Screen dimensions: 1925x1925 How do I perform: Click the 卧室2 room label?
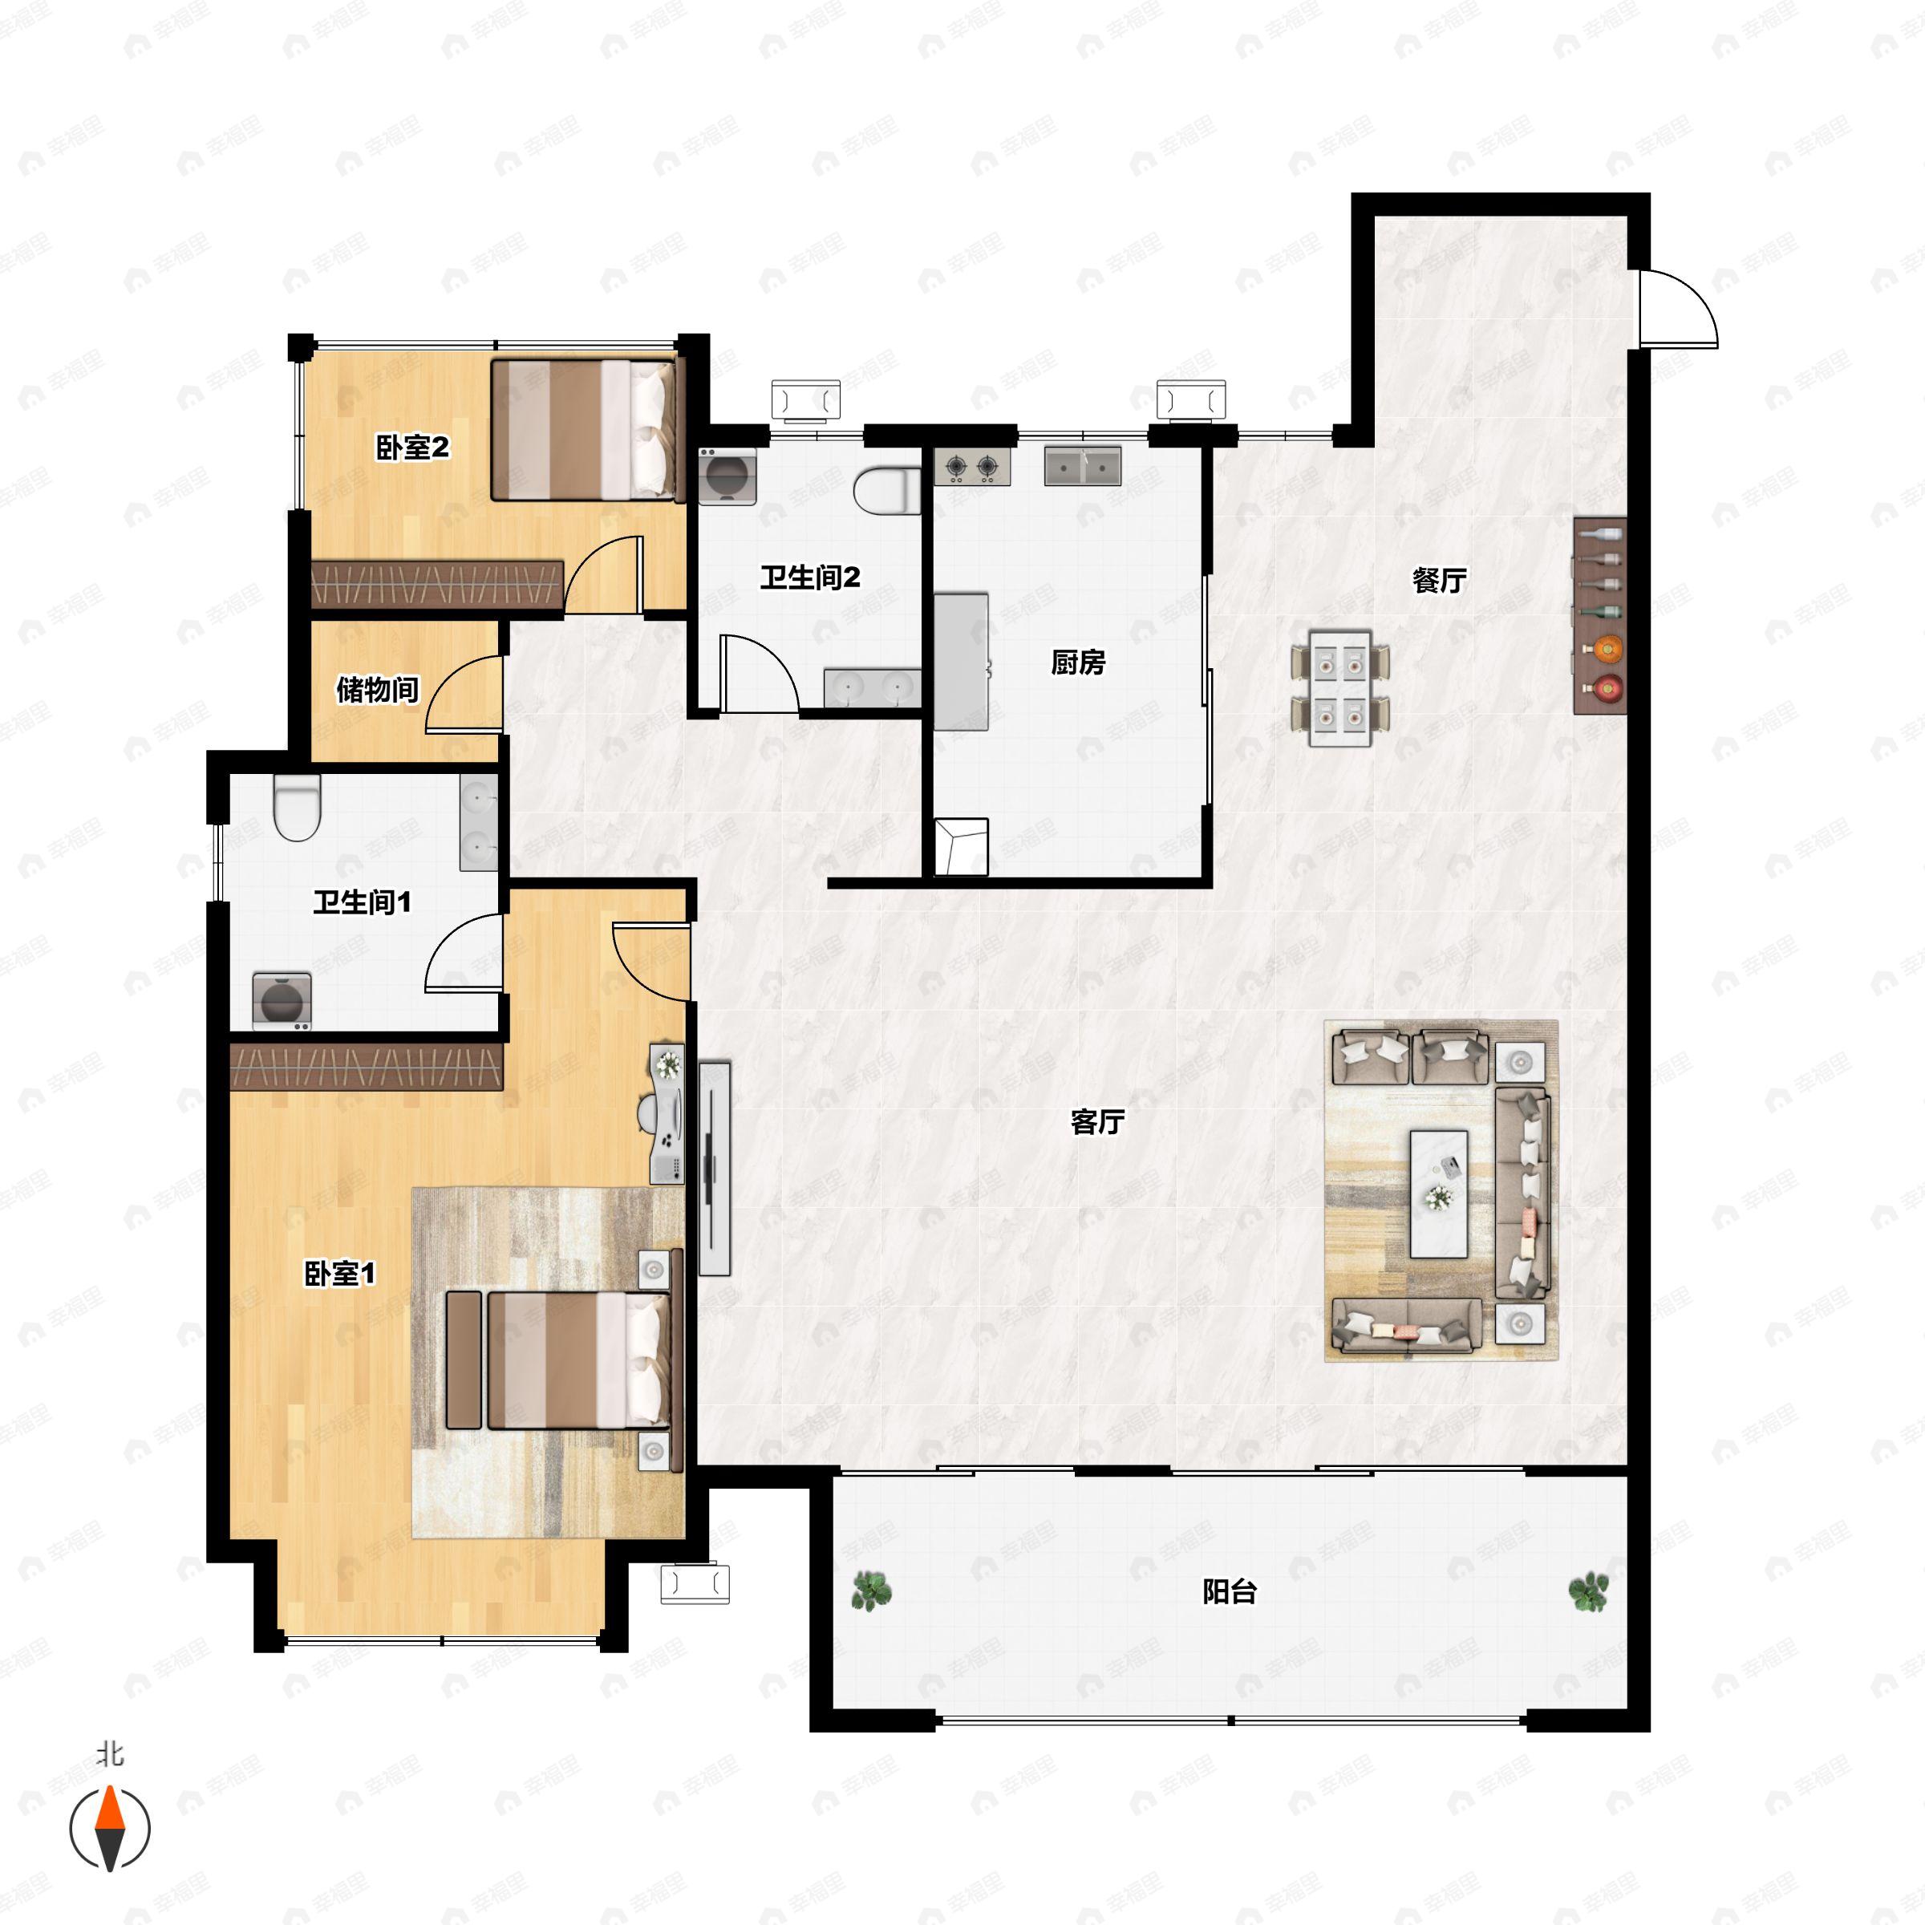(411, 448)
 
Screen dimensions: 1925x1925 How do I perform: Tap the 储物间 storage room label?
(377, 688)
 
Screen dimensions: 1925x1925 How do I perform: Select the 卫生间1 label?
(362, 902)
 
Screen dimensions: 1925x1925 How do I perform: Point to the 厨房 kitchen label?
(1077, 663)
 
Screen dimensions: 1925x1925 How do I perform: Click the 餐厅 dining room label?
(1439, 581)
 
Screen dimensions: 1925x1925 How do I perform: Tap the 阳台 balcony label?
(1229, 1592)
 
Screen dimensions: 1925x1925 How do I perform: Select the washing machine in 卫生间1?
(281, 1001)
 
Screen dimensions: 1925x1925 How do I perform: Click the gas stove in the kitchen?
(971, 466)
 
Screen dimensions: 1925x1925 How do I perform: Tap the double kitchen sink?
(1082, 466)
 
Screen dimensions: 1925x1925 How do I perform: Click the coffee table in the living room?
(1438, 1193)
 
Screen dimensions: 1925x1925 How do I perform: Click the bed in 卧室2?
(584, 429)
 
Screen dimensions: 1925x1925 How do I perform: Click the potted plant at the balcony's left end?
(871, 1591)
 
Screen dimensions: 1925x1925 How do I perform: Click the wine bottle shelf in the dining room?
(1599, 614)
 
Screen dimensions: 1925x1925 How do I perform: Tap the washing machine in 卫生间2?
(727, 476)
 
